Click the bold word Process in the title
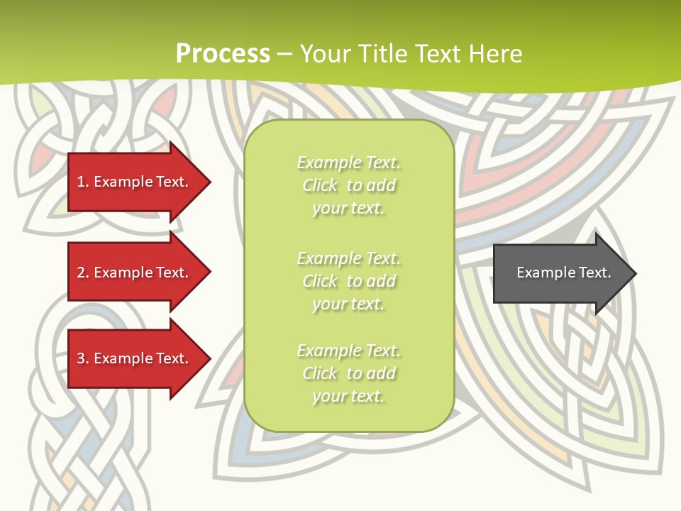[223, 54]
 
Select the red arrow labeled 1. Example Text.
[135, 182]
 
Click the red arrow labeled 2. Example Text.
[135, 273]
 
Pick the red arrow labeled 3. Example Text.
[135, 358]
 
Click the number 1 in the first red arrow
[81, 182]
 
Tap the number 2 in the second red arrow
[81, 273]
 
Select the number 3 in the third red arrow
[81, 358]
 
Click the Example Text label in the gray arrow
[563, 273]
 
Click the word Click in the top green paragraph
[320, 185]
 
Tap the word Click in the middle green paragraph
[320, 281]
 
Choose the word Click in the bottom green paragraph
[320, 373]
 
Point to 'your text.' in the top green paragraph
[348, 209]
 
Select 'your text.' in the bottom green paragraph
[348, 397]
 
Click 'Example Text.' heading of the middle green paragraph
[348, 258]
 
